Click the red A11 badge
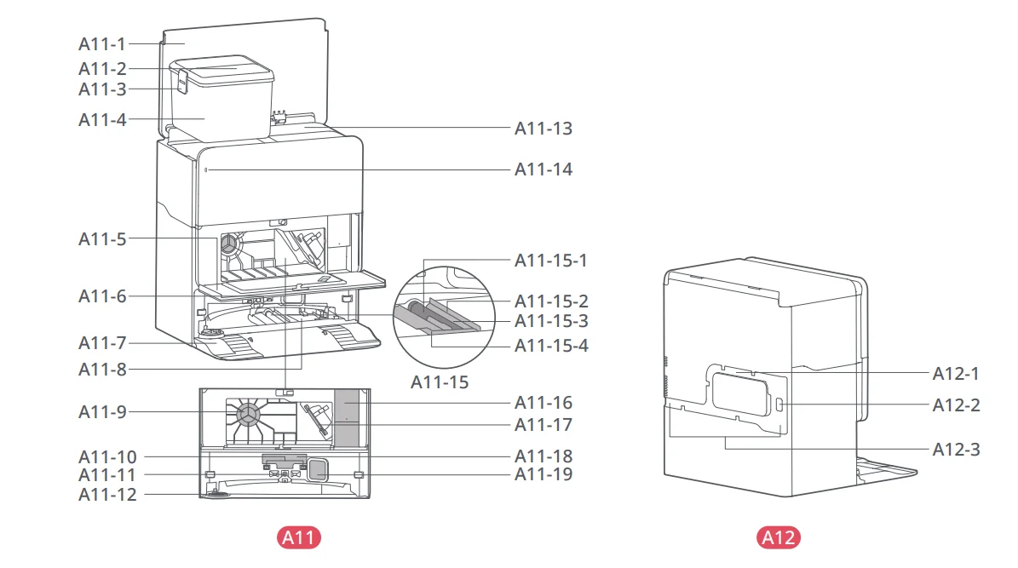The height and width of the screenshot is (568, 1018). [299, 537]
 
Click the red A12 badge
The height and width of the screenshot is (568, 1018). [778, 537]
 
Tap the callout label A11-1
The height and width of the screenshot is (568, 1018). [102, 44]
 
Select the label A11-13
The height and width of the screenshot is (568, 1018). [544, 129]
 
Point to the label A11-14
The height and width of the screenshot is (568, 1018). [544, 169]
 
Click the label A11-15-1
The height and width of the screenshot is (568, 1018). [550, 261]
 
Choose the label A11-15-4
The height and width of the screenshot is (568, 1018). [551, 346]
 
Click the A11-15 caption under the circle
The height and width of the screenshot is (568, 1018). [440, 382]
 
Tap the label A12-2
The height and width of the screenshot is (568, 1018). [957, 405]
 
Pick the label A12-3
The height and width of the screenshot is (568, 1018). [957, 450]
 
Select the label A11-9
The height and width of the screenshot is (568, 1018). [102, 411]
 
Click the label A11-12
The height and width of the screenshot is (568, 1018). [108, 495]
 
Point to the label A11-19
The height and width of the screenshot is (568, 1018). [544, 474]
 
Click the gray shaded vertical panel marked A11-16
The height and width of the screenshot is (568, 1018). [346, 417]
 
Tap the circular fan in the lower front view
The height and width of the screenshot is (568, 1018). [248, 415]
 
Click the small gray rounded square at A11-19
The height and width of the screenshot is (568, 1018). [317, 469]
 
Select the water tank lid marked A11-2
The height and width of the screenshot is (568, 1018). [221, 69]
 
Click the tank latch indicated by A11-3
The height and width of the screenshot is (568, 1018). [181, 82]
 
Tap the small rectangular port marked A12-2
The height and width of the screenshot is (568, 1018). [779, 405]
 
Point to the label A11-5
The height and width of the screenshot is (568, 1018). [102, 239]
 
